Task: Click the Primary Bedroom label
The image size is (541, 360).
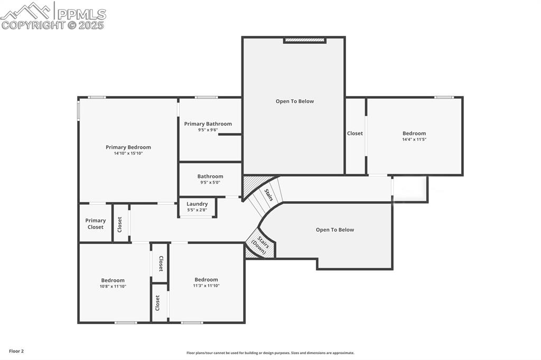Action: [x=128, y=147]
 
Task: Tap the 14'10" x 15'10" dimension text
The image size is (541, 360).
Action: [x=128, y=154]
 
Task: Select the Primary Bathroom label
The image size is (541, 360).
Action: [x=208, y=124]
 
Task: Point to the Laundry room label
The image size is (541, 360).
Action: [x=197, y=204]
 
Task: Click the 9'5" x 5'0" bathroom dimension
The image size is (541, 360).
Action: [x=210, y=183]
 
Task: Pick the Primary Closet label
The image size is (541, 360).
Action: [x=96, y=224]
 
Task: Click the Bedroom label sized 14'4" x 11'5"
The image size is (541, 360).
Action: [x=414, y=134]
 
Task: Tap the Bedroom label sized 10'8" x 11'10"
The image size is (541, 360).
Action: [x=113, y=280]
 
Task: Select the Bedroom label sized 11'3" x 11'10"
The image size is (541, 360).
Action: [x=206, y=280]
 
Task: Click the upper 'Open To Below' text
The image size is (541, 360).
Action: [x=294, y=101]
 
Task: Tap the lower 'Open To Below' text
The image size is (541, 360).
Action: [x=334, y=230]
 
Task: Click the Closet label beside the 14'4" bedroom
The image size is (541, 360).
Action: [x=355, y=134]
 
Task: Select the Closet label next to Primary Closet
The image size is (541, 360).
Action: [x=120, y=224]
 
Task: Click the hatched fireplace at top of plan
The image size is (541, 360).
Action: [x=304, y=40]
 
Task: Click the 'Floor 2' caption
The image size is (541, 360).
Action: [x=16, y=351]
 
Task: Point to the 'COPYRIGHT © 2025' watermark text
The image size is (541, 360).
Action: [x=53, y=25]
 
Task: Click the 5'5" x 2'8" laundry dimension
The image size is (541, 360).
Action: [x=197, y=210]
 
